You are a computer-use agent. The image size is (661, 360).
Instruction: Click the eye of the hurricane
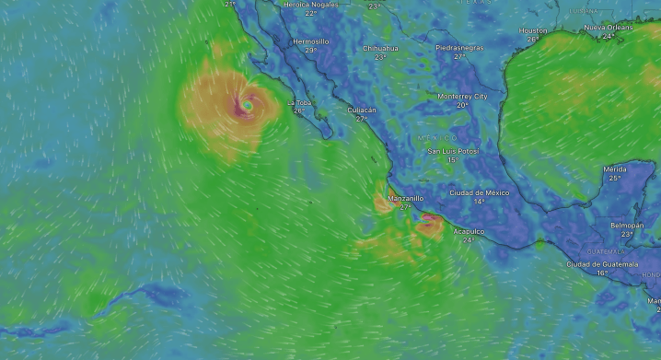[x=247, y=107]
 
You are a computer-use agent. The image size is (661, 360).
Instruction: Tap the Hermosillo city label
[x=310, y=41]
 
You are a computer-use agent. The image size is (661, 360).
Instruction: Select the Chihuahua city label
[x=380, y=47]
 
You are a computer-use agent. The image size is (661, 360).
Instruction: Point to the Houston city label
[x=533, y=30]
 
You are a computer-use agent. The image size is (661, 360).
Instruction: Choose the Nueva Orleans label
[x=609, y=28]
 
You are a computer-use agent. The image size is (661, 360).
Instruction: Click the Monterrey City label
[x=462, y=96]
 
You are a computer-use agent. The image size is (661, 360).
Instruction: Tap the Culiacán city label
[x=362, y=110]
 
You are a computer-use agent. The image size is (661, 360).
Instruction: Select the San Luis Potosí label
[x=453, y=151]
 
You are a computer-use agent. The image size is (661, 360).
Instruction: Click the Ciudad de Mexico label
[x=479, y=192]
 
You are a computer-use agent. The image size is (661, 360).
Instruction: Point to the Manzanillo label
[x=406, y=198]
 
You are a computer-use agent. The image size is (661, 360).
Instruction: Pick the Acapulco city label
[x=469, y=231]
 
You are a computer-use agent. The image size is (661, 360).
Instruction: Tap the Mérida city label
[x=615, y=169]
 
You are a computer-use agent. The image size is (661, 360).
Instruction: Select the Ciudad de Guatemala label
[x=602, y=263]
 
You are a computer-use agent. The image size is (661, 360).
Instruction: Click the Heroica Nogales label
[x=311, y=4]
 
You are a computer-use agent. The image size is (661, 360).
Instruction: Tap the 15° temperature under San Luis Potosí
[x=453, y=160]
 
